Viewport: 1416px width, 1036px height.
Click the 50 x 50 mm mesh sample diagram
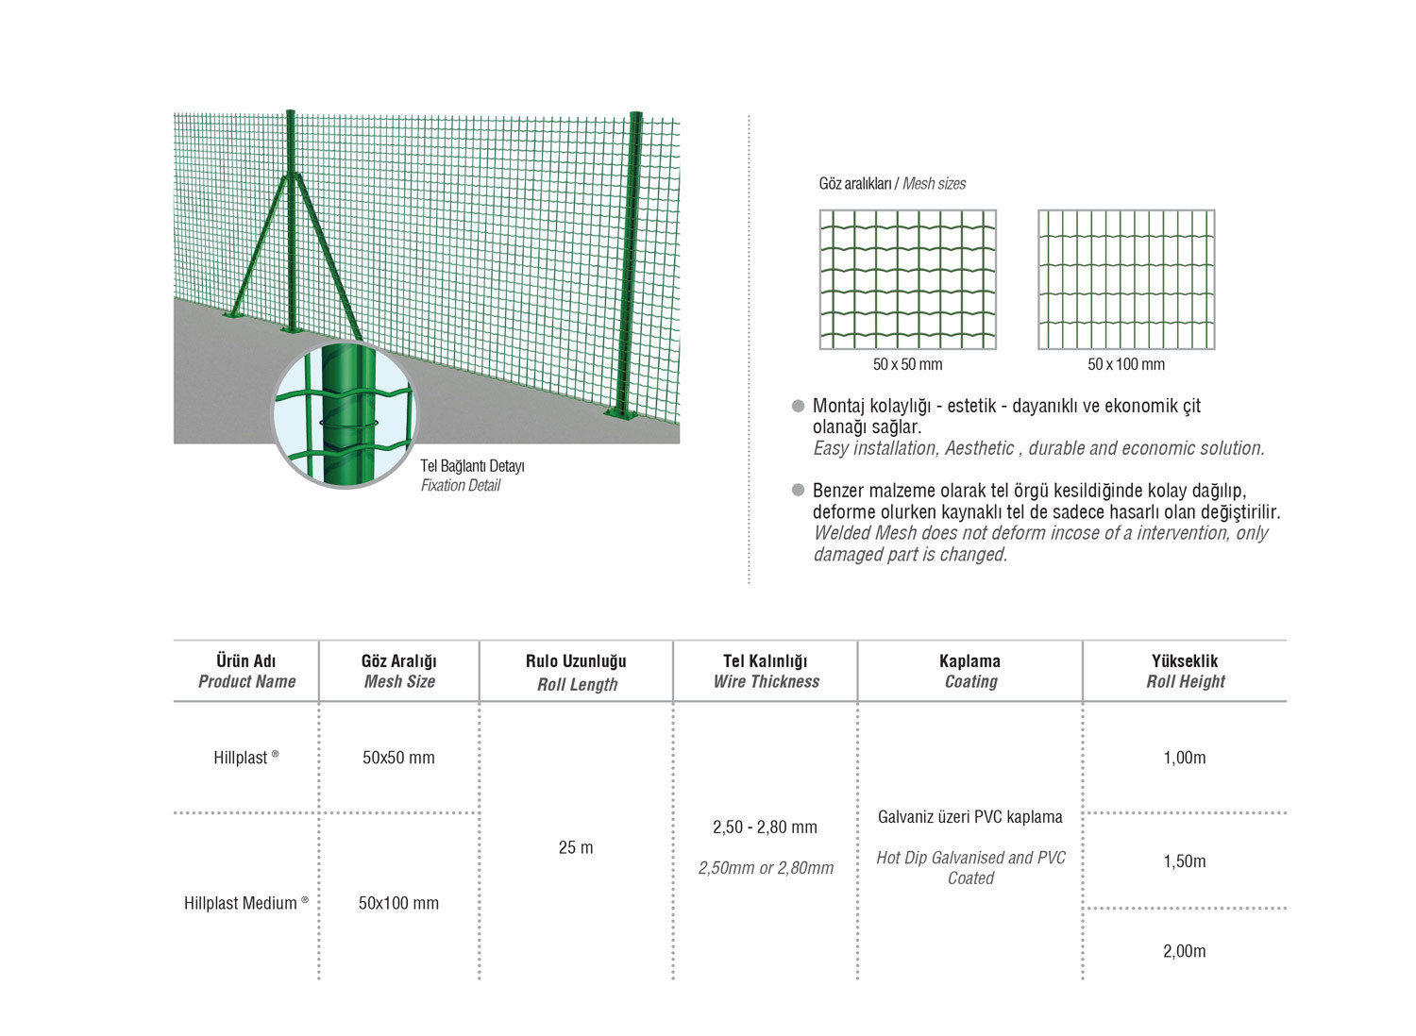907,279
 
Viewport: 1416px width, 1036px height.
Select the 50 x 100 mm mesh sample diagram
1126,279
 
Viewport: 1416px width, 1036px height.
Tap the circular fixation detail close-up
344,415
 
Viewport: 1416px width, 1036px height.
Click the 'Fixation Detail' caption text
461,486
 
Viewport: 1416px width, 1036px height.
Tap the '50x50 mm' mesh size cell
398,758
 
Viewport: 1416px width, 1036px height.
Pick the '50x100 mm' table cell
398,903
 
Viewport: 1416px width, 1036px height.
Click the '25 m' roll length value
576,847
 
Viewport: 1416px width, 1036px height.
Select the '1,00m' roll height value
1185,758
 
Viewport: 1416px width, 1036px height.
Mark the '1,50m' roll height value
1185,861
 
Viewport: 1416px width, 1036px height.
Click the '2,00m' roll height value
1185,951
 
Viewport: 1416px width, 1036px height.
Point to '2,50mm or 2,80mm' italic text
766,868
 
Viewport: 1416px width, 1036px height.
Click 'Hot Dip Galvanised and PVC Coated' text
970,868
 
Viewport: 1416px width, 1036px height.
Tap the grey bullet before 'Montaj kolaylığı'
799,407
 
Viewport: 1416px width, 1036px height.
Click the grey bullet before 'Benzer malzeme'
799,491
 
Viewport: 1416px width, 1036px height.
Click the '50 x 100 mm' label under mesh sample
1126,364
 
